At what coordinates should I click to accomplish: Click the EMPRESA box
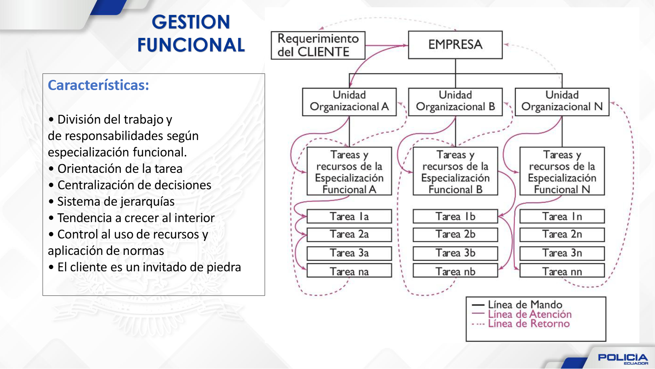tap(455, 45)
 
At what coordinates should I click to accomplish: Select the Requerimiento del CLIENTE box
tap(318, 45)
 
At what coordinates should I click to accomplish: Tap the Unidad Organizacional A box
tap(349, 101)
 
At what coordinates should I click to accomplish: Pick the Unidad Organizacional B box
tap(455, 101)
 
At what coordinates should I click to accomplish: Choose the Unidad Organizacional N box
tap(562, 101)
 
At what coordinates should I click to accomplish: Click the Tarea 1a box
tap(349, 216)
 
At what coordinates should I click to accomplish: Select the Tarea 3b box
tap(455, 253)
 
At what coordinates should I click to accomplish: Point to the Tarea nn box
tap(562, 271)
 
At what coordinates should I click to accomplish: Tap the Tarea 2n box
tap(562, 234)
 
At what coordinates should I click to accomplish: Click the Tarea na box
tap(349, 271)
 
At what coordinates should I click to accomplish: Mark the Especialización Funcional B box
tap(455, 171)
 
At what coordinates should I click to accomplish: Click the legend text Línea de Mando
tap(525, 304)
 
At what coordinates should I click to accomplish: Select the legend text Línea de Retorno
tap(528, 324)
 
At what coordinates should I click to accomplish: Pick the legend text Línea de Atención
tap(529, 314)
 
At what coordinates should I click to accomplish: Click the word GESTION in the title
tap(191, 22)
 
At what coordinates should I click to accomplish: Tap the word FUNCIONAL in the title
tap(191, 45)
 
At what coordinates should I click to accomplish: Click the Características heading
tap(98, 85)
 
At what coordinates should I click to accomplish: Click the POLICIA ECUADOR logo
tap(623, 358)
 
